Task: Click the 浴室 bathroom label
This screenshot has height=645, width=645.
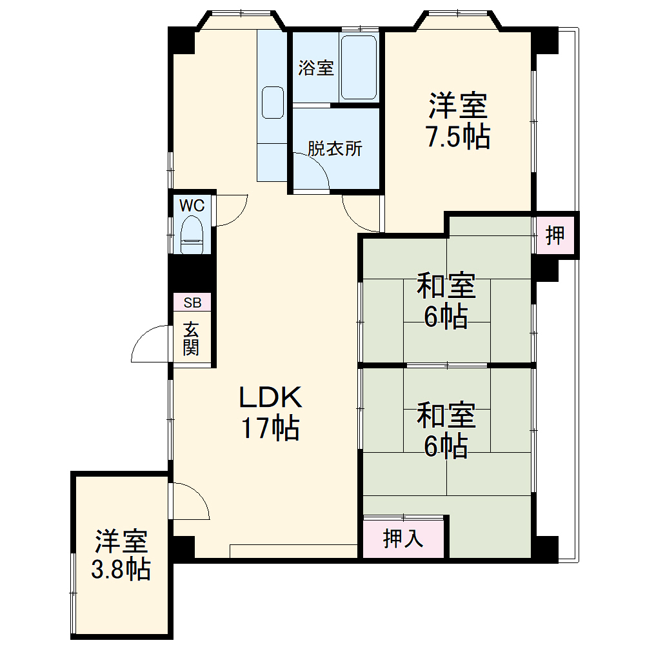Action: (316, 68)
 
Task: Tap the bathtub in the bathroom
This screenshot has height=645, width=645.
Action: (359, 68)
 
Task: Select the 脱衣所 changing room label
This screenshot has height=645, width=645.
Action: (335, 149)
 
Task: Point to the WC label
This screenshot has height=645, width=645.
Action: (192, 206)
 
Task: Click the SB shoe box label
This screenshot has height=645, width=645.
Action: (192, 303)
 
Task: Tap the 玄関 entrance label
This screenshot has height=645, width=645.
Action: (191, 339)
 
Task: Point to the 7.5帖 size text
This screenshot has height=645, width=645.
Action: (457, 136)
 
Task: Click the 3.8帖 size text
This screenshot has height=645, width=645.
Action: (122, 570)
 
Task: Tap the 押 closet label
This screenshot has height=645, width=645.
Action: (555, 235)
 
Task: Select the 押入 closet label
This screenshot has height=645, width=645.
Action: (403, 538)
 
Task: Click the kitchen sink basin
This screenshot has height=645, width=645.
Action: (273, 103)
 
